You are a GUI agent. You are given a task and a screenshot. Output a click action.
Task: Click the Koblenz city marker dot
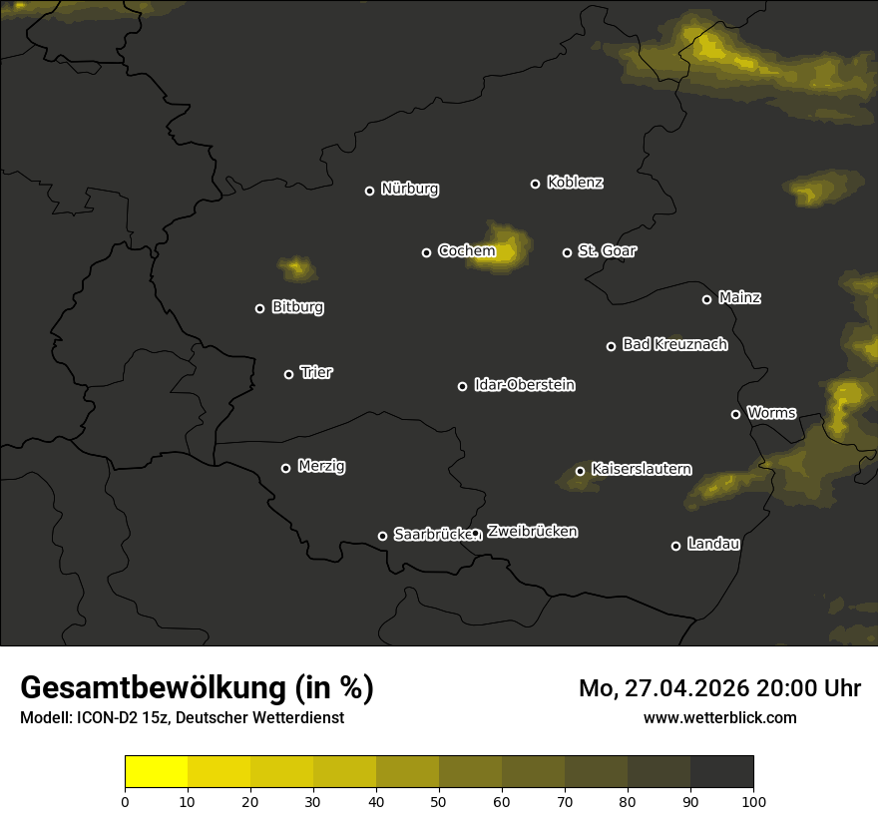[x=535, y=184]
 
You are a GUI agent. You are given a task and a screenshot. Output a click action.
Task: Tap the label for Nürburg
[x=409, y=189]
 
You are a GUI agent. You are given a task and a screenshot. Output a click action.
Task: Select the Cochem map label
[x=466, y=251]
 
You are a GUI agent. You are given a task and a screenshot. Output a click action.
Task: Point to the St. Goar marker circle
[x=567, y=252]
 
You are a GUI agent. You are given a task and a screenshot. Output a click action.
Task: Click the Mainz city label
[x=739, y=297]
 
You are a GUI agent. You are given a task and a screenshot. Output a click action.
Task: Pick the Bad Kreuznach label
[x=674, y=344]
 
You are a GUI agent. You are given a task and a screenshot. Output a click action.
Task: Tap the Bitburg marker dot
[x=259, y=308]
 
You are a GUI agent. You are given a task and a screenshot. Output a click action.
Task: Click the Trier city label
[x=316, y=372]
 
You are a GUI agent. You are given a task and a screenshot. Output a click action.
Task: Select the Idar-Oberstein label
[x=524, y=385]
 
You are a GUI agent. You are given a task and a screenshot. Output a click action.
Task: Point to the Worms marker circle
[x=735, y=414]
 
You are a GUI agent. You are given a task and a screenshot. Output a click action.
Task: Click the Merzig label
[x=321, y=466]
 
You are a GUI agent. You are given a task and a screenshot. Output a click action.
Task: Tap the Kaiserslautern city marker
[x=580, y=471]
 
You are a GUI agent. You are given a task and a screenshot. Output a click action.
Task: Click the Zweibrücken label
[x=532, y=532]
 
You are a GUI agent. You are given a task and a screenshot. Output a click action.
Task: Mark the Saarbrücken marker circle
[x=382, y=536]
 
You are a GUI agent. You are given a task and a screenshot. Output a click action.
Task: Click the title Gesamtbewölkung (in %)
[x=197, y=688]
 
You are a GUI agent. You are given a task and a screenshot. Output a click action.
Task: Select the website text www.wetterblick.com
[x=719, y=717]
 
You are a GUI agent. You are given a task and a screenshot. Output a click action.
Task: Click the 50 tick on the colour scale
[x=439, y=800]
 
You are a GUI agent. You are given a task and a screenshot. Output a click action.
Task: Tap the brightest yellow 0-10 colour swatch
[x=157, y=772]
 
